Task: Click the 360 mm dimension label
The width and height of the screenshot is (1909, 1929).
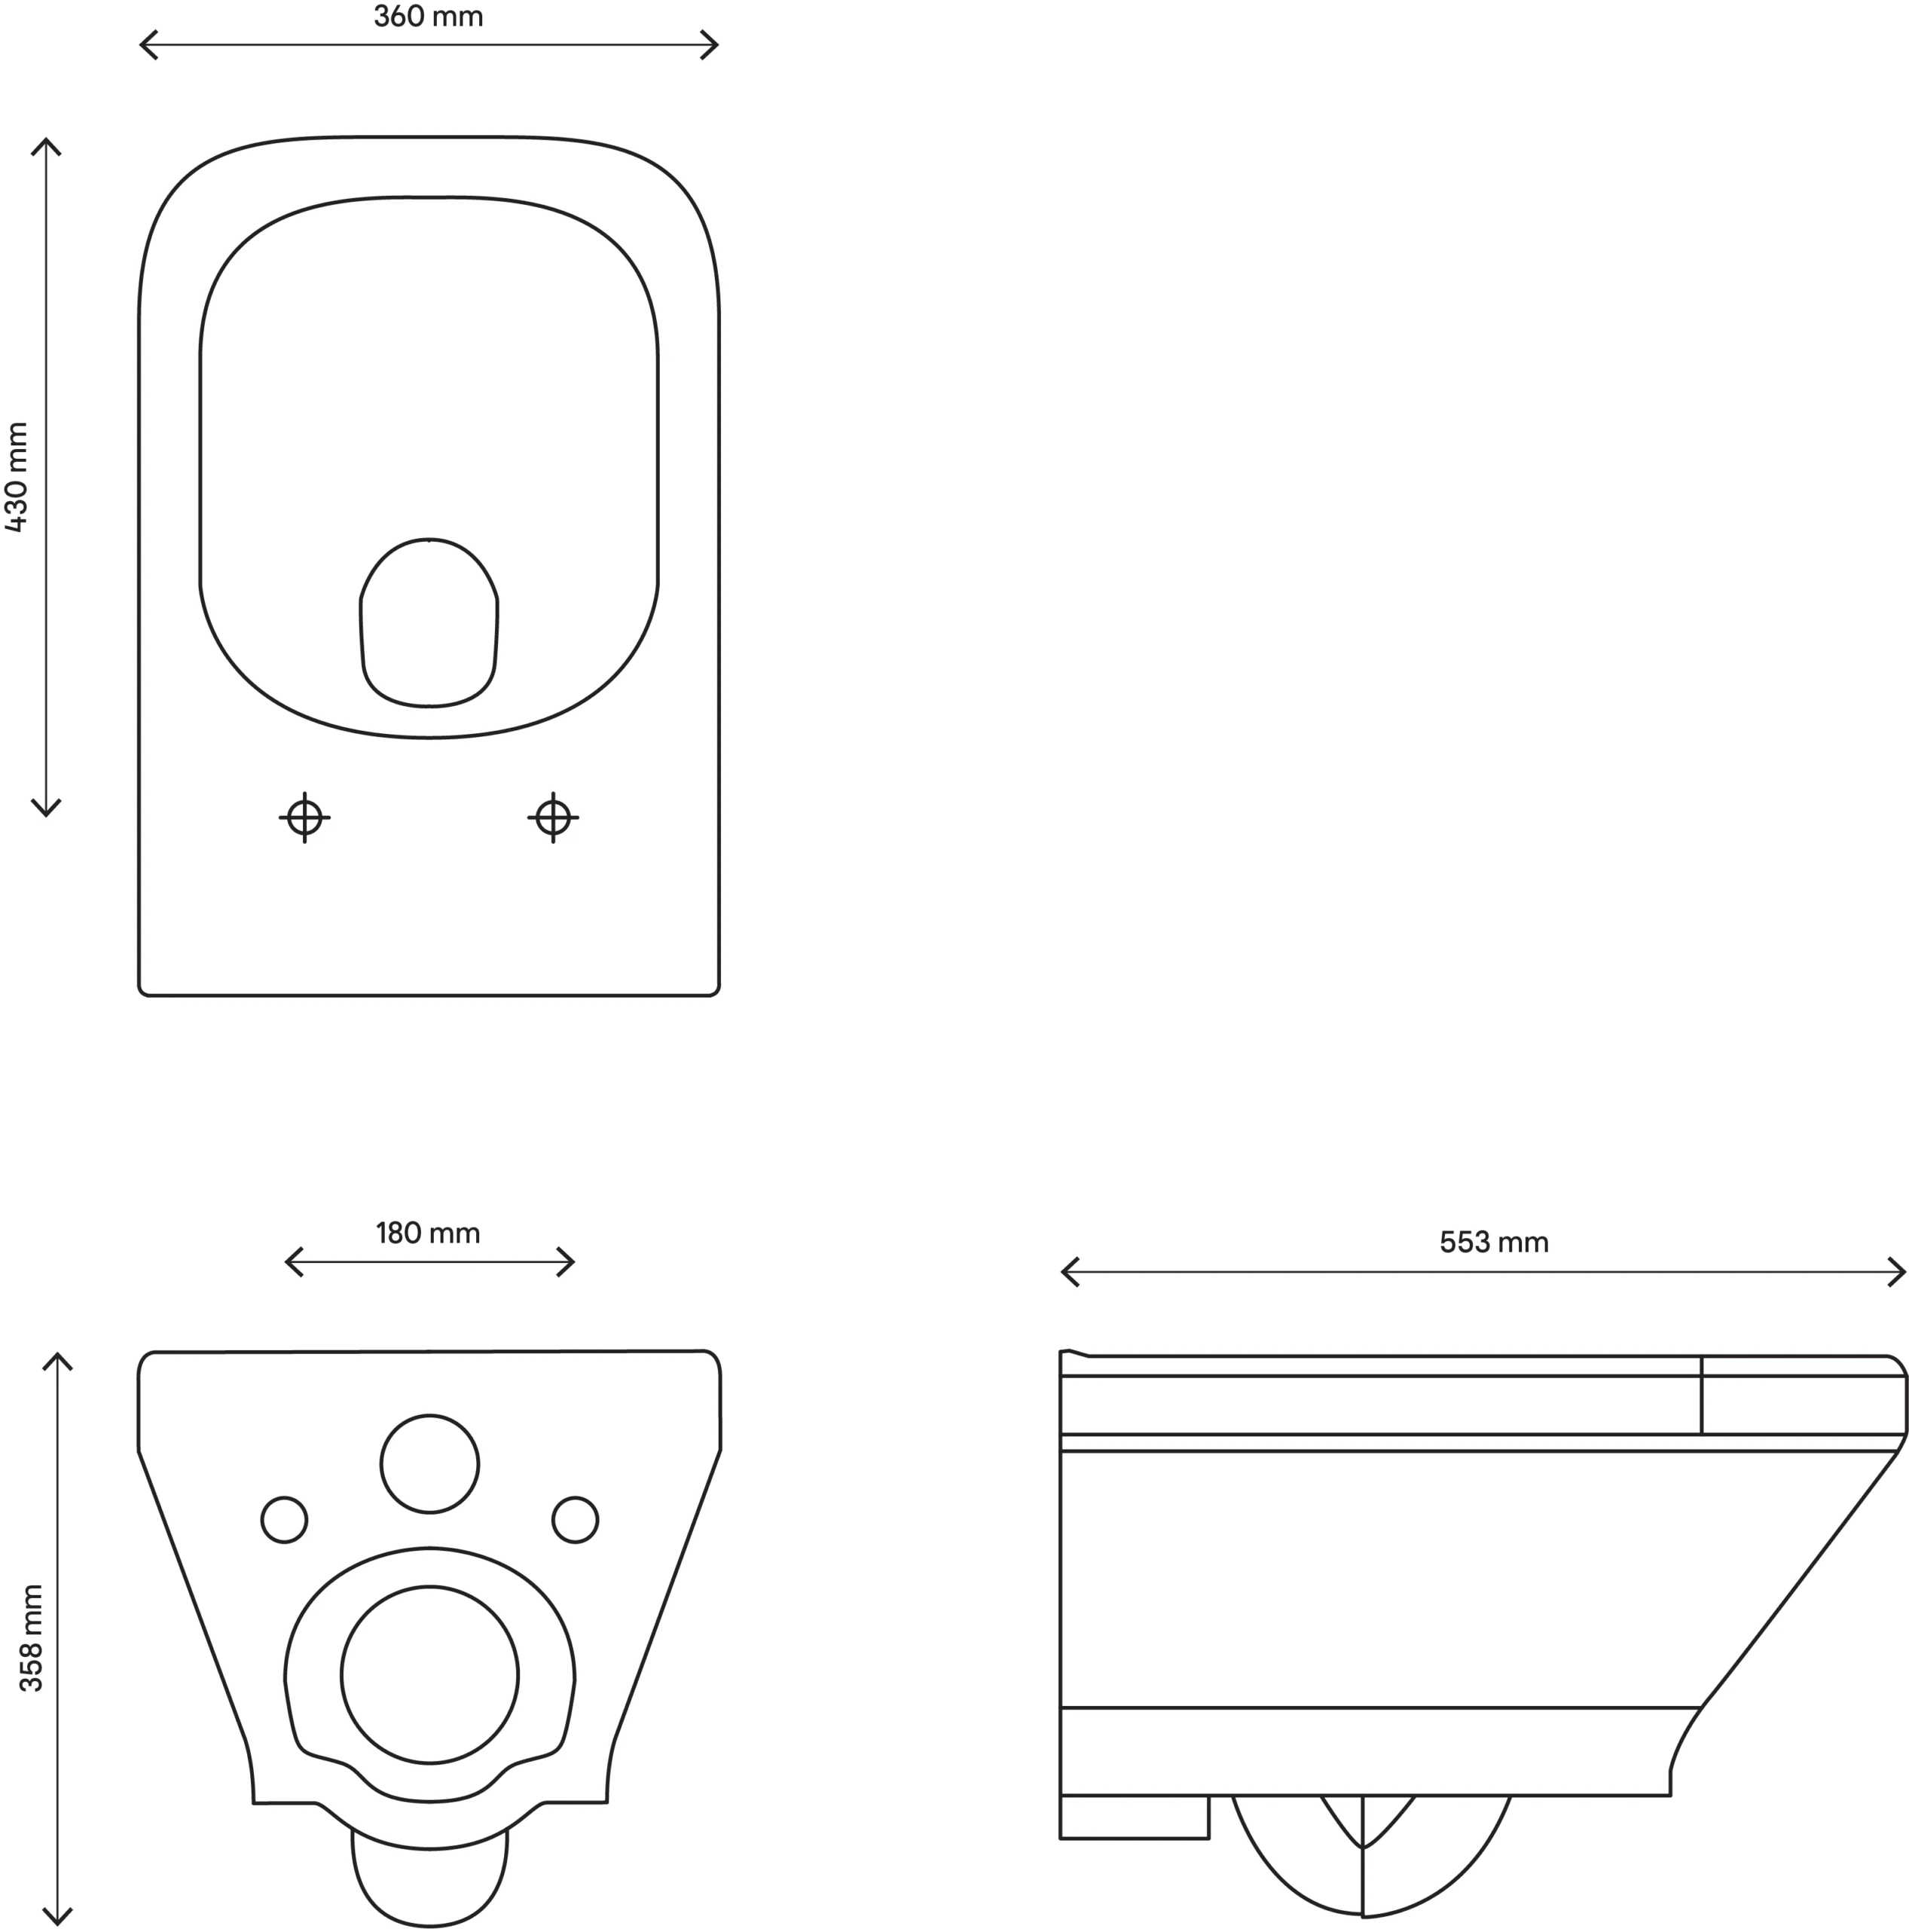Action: [429, 17]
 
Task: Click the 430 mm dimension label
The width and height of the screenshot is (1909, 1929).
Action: [17, 476]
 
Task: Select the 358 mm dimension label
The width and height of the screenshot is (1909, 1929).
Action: [31, 1637]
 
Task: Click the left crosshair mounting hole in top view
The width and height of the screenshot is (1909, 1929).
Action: [304, 818]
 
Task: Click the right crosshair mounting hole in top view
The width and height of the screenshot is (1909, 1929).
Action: [553, 818]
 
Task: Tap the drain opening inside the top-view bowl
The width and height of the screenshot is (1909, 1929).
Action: [429, 624]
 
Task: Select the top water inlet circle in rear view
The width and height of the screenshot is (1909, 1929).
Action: [429, 1464]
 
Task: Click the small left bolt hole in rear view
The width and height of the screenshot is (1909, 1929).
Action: [285, 1520]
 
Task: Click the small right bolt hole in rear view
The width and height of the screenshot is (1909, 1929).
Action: [575, 1520]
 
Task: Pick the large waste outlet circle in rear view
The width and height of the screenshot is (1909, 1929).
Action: [429, 1674]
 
